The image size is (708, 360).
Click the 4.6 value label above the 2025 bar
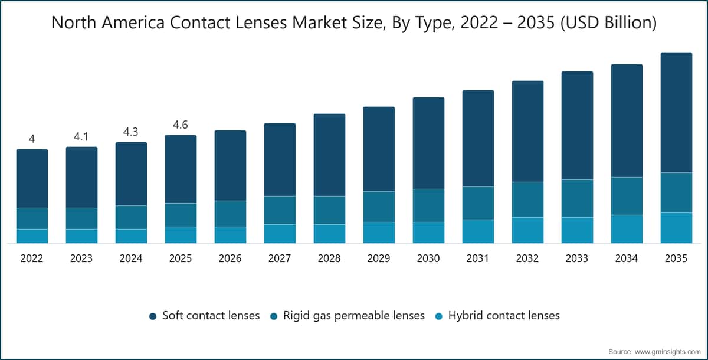tap(181, 125)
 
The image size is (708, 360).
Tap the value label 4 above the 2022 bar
tap(32, 139)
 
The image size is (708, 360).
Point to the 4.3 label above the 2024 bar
tap(131, 132)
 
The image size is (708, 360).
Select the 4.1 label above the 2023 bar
tap(81, 136)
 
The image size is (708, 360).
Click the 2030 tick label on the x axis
tap(428, 258)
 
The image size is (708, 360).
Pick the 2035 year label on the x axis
tap(676, 258)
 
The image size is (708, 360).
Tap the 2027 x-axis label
tap(280, 258)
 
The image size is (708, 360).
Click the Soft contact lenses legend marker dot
tap(153, 316)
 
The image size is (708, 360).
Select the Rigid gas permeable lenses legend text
tap(354, 315)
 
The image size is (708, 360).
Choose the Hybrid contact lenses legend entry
tap(497, 315)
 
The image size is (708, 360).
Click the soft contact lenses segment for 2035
tap(676, 113)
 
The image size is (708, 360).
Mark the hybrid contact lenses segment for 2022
tap(32, 236)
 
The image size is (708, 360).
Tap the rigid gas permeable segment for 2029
tap(379, 207)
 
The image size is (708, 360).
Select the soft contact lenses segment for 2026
tap(231, 166)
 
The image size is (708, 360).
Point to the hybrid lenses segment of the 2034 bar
tap(627, 229)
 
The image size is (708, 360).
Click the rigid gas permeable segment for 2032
tap(528, 199)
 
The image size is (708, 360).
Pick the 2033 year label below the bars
tap(577, 258)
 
